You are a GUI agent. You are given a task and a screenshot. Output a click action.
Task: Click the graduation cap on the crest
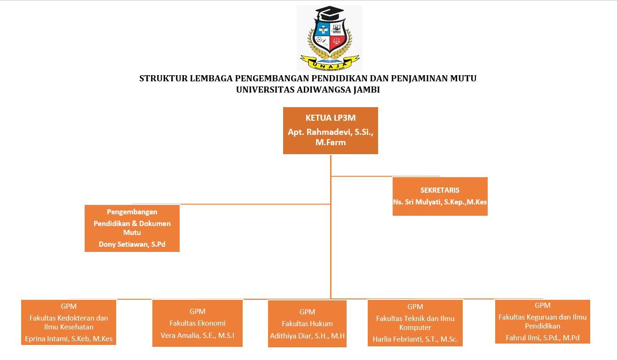coord(329,14)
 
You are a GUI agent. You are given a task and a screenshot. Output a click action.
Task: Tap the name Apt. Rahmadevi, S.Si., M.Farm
coord(331,137)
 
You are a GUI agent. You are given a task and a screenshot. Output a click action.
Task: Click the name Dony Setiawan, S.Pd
coord(132,244)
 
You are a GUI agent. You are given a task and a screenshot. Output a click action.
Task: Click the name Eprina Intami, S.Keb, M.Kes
coord(69,338)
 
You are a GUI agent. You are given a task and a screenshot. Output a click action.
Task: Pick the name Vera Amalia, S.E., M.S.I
coord(198,335)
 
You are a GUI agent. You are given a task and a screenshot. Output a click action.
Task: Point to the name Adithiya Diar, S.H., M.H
coord(307,336)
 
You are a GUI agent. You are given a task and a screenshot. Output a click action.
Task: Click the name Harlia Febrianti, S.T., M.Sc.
coord(415,339)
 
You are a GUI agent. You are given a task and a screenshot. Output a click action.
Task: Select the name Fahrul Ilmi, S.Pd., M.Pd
coord(543,337)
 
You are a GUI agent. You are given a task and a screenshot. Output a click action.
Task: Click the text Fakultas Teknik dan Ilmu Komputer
coord(415,323)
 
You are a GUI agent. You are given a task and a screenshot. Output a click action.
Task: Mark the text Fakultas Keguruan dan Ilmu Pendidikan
coord(543,321)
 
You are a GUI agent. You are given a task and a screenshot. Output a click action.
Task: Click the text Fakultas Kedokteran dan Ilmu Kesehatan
coord(69,322)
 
